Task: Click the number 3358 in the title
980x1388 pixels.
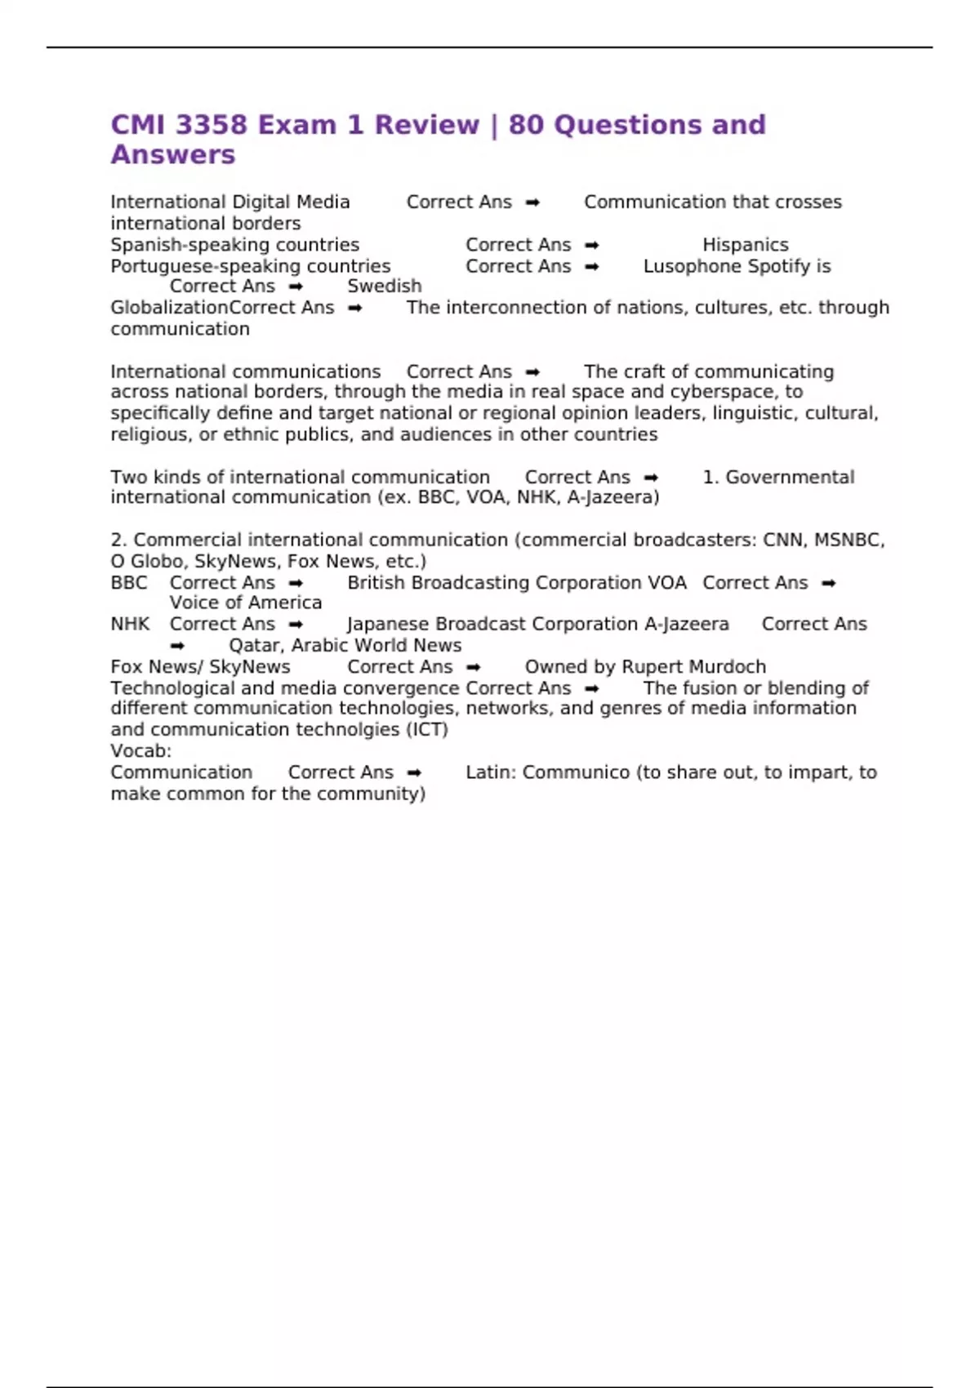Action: coord(212,125)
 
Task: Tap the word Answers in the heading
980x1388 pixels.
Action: coord(173,155)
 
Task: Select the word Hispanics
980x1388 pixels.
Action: coord(746,245)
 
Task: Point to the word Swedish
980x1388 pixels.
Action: coord(385,287)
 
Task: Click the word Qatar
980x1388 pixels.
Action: coord(256,646)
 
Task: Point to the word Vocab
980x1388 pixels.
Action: coord(140,751)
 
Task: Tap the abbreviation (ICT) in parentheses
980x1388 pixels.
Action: coord(427,730)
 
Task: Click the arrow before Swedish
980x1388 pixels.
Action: coord(296,287)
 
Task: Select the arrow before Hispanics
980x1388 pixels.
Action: coord(592,245)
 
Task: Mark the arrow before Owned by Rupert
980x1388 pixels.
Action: coord(473,667)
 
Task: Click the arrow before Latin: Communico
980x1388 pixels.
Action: coord(414,772)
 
